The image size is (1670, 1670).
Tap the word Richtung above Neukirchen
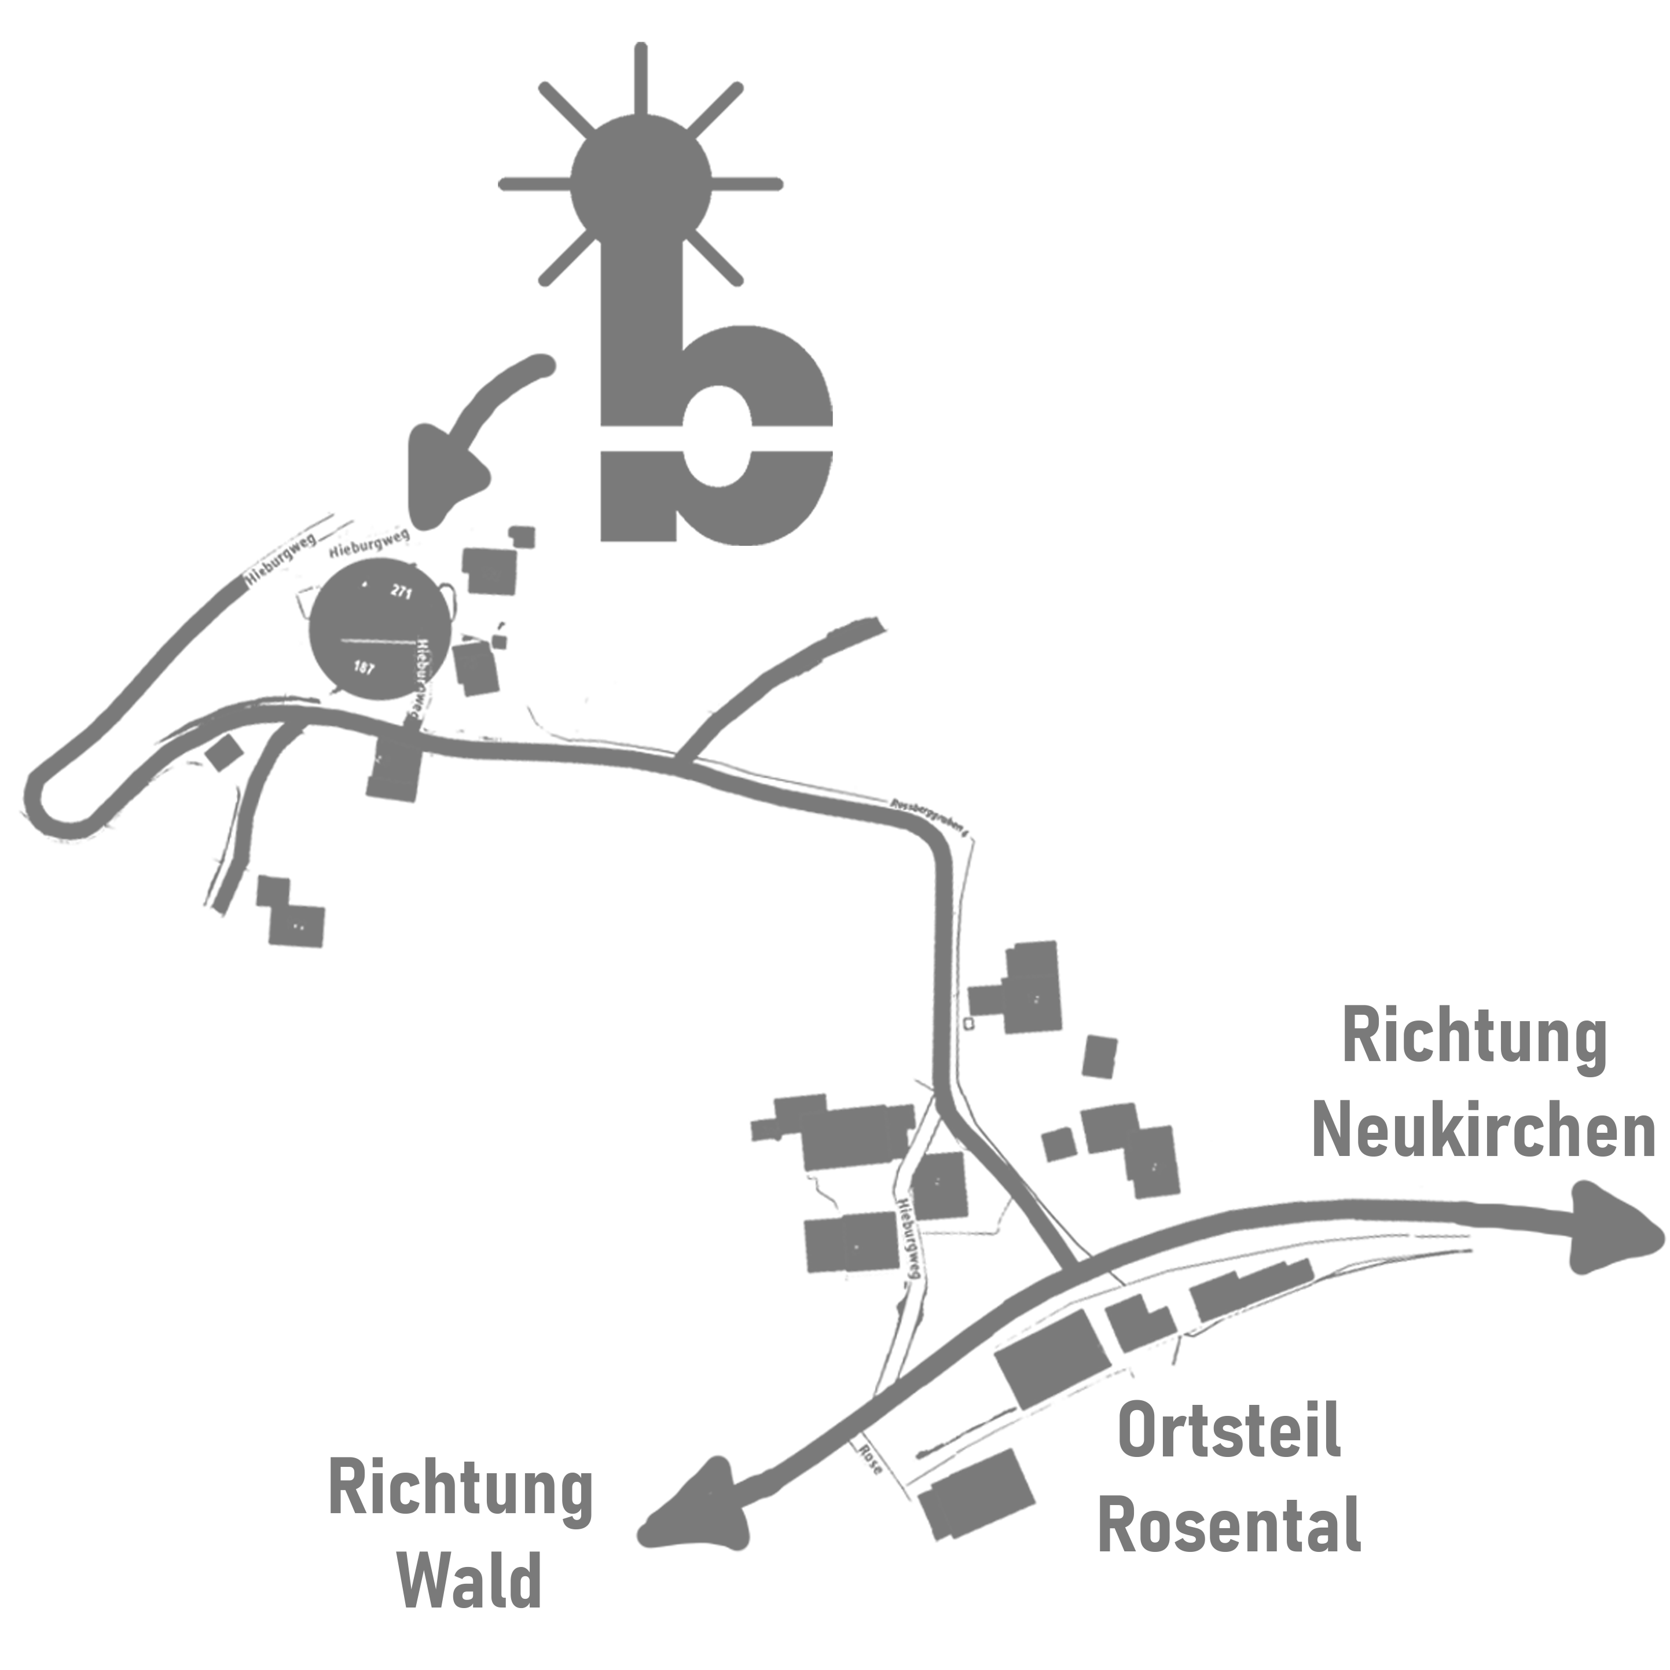click(x=1474, y=1040)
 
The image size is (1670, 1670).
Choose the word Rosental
click(x=1228, y=1526)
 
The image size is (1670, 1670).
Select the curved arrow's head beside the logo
click(x=445, y=489)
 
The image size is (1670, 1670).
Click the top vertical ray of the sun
click(x=641, y=78)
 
